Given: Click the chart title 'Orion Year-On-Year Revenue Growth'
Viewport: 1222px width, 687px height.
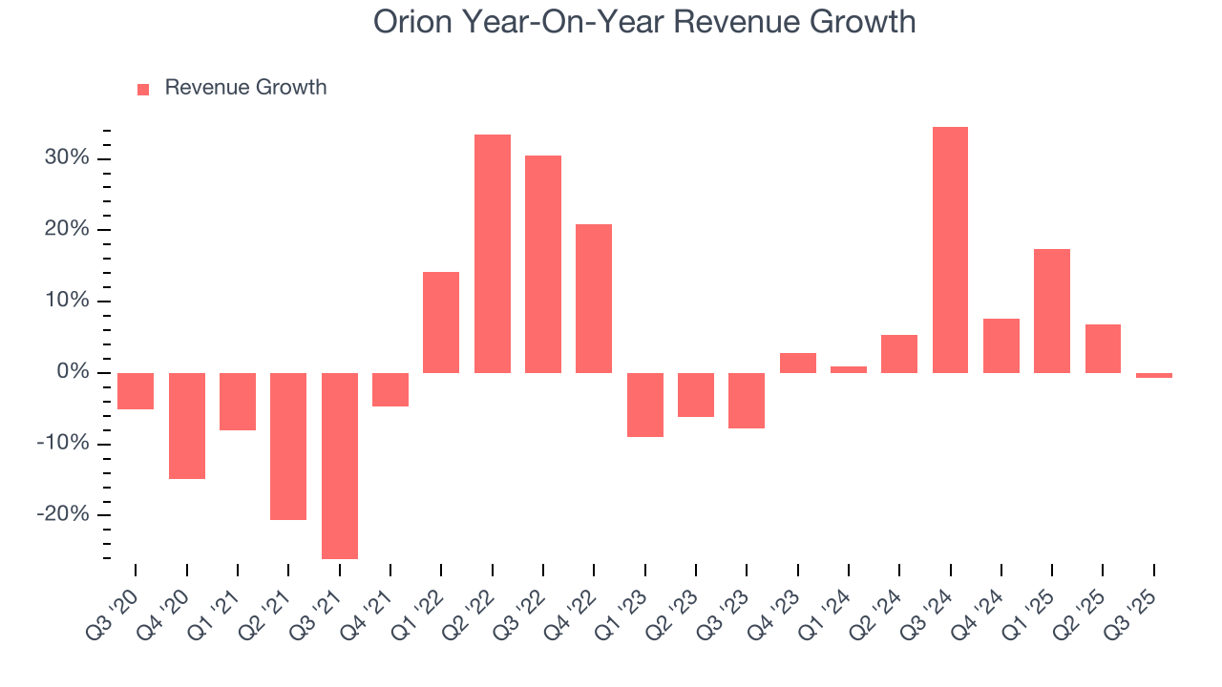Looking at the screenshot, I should (x=644, y=21).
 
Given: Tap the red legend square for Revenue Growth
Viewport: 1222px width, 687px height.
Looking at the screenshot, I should (x=143, y=89).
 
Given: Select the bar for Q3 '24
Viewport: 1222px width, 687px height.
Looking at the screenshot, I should (x=950, y=250).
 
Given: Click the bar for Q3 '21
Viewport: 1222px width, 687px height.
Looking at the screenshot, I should (x=339, y=466).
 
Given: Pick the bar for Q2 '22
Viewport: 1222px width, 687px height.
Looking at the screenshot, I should (x=492, y=254).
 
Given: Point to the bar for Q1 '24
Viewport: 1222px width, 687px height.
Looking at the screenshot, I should (x=848, y=369).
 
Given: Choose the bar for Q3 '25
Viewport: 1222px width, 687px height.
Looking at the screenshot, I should (x=1153, y=375).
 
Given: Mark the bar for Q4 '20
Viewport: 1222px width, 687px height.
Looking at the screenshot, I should (x=186, y=426).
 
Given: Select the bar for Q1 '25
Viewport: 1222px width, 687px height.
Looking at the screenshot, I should (x=1051, y=311).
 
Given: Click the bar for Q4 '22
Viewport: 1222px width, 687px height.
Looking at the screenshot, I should (x=593, y=299).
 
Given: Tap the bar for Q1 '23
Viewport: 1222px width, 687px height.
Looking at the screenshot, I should (x=644, y=405).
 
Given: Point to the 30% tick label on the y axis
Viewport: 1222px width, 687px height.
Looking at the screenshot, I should (x=67, y=157).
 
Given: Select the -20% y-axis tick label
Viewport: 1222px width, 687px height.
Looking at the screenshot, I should (x=64, y=515).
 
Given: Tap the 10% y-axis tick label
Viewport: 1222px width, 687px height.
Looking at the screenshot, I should (x=67, y=301).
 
